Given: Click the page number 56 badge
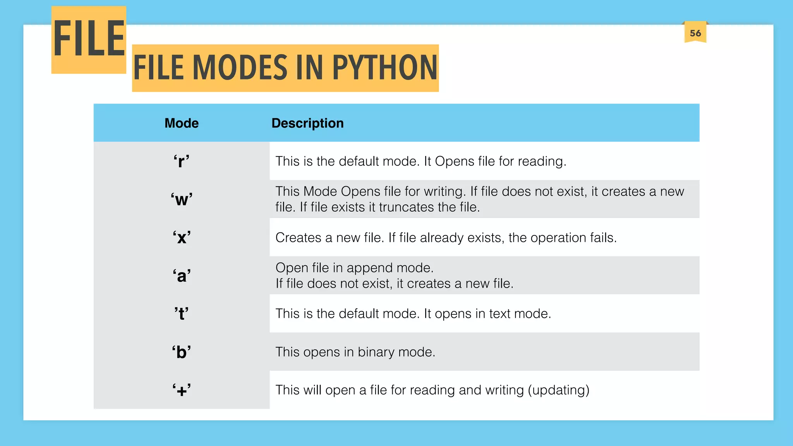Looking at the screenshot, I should click(695, 33).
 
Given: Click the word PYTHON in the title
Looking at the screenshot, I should click(384, 68).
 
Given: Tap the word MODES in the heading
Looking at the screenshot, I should click(240, 68).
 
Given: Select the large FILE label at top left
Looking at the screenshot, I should click(89, 39).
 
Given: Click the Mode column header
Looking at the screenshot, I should click(181, 123).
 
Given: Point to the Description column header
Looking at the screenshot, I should click(307, 123).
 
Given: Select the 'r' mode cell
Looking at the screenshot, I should click(181, 161).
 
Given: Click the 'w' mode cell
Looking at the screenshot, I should click(181, 199).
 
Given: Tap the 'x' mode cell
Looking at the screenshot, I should click(181, 237).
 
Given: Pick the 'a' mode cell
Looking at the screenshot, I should click(181, 276).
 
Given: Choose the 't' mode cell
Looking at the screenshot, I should click(181, 314).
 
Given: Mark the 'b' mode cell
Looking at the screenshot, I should click(181, 352).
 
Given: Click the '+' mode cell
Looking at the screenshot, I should click(181, 390).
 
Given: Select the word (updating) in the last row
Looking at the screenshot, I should click(558, 390).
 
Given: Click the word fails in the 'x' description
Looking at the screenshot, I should click(603, 237).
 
